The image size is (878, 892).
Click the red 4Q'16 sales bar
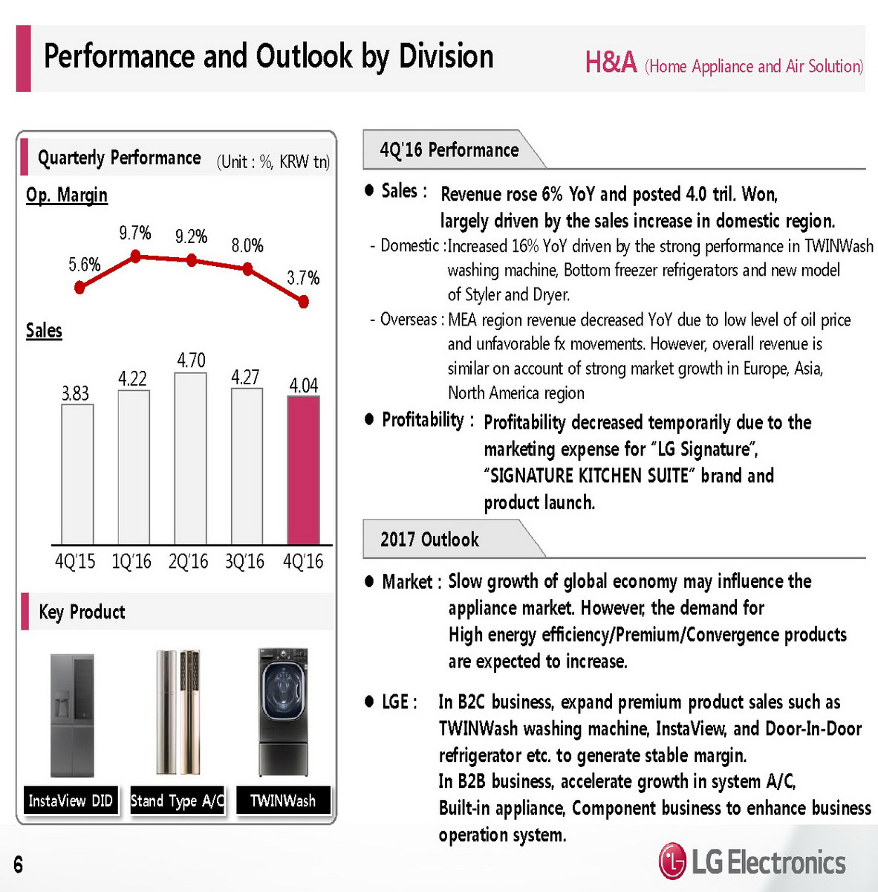coord(303,470)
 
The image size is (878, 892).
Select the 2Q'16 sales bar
coord(190,459)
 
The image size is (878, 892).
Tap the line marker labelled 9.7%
coord(135,256)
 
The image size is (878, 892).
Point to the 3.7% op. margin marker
coord(303,302)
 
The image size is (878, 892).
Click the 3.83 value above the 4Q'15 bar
coord(75,393)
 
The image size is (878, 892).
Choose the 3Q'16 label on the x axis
coord(244,561)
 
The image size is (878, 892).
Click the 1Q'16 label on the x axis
coord(131,561)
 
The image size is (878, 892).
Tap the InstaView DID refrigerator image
coord(72,715)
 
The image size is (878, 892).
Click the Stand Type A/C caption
coord(177,801)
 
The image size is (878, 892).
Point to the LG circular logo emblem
coord(672,862)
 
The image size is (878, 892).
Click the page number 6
coord(18,864)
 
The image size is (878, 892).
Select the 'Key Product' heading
coord(82,612)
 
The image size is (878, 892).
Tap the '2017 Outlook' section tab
coord(429,539)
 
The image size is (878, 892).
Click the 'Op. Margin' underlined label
coord(67,195)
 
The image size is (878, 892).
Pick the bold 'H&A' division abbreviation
coord(611,62)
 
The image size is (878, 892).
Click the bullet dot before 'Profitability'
coord(369,419)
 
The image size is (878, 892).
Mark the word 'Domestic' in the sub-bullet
coord(409,245)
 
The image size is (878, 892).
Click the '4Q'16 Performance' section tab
coord(449,150)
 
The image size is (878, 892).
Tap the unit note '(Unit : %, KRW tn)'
coord(273,161)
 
